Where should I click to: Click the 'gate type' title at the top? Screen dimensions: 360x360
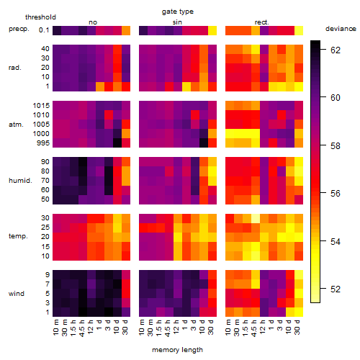(178, 12)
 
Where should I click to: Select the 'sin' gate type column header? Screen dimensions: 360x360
(177, 22)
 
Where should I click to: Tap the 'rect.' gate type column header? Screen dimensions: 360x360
(261, 22)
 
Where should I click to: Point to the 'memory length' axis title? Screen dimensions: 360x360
(177, 350)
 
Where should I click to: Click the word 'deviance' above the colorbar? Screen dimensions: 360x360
(341, 29)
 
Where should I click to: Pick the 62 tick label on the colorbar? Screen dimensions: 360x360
(336, 50)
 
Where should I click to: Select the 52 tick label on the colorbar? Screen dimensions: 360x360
(336, 289)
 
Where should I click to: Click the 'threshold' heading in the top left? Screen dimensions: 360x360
(40, 17)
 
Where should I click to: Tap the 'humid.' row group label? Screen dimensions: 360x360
(20, 181)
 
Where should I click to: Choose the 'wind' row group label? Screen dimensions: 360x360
(17, 294)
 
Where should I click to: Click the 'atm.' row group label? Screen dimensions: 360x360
(16, 125)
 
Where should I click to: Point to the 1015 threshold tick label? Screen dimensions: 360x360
(41, 106)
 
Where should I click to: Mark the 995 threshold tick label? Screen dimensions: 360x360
(43, 143)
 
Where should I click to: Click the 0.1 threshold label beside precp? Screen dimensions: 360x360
(44, 30)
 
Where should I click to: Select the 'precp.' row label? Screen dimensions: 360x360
(19, 29)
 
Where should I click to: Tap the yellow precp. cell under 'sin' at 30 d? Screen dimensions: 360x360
(212, 30)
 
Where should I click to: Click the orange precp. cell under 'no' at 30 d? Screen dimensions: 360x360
(126, 30)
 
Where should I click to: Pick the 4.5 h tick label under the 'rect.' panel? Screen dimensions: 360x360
(254, 328)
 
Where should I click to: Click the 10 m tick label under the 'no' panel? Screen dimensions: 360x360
(55, 327)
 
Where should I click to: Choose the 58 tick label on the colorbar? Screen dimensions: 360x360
(336, 145)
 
